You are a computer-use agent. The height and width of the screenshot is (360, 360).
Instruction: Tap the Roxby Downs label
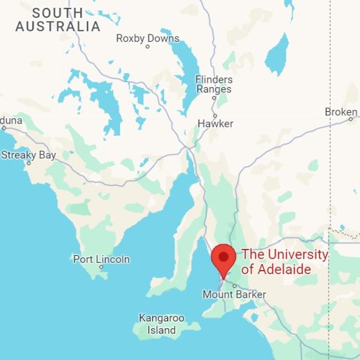[x=148, y=38]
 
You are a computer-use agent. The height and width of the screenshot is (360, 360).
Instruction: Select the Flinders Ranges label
[x=214, y=85]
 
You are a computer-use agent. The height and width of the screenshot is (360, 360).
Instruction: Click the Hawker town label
[x=215, y=124]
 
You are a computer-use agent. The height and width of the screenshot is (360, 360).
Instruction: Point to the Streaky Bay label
[x=28, y=155]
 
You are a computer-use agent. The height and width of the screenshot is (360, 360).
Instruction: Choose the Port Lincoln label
[x=101, y=259]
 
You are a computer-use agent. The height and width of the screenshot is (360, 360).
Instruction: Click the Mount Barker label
[x=234, y=295]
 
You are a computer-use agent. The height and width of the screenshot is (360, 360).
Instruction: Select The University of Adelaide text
[x=284, y=262]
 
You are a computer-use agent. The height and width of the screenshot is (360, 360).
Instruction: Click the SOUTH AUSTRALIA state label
[x=58, y=20]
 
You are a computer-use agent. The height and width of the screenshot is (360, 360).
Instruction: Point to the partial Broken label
[x=341, y=112]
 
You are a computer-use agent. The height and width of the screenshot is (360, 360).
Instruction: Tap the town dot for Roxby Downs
[x=148, y=47]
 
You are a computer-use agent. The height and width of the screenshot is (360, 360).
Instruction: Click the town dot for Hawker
[x=215, y=116]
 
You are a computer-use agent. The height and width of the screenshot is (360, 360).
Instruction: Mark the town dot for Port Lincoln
[x=101, y=268]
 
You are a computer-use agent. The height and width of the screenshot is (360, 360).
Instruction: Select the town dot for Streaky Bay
[x=28, y=163]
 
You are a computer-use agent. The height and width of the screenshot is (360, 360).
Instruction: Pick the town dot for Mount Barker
[x=235, y=286]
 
